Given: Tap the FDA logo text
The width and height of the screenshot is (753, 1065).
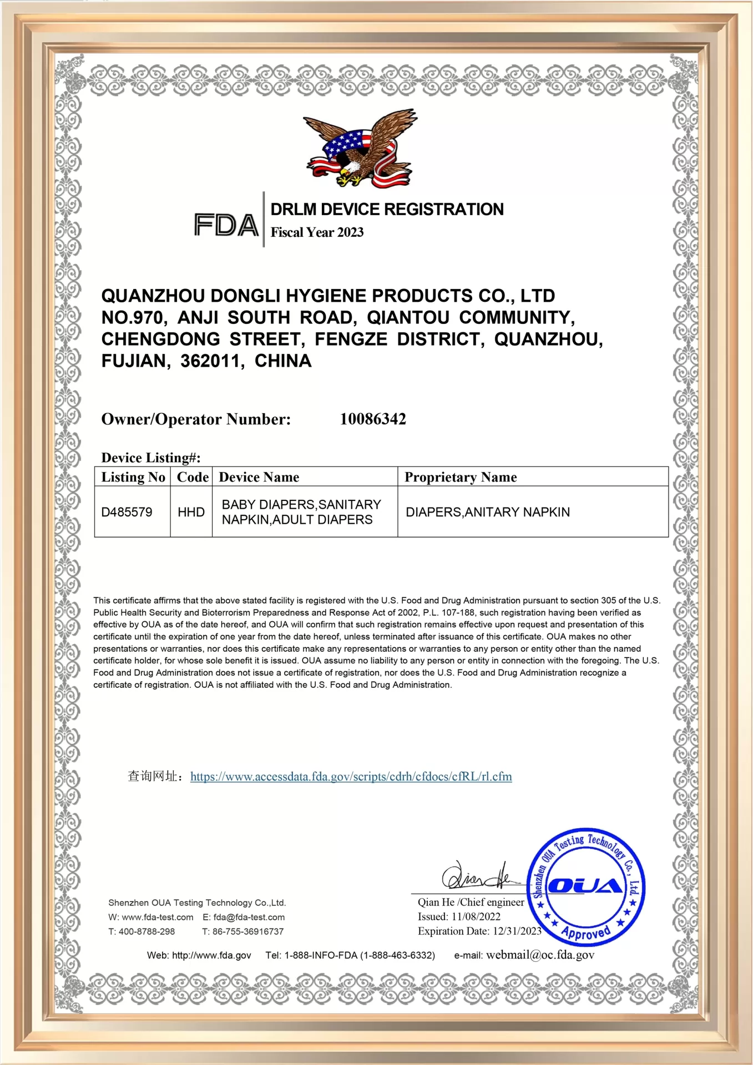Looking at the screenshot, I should (226, 225).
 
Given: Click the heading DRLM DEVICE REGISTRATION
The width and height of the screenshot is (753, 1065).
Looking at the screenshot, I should (387, 210).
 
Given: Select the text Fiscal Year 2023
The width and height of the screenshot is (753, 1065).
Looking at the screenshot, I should (317, 232).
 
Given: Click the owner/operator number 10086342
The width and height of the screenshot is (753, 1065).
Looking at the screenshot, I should (373, 419).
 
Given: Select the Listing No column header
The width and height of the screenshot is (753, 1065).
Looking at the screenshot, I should (133, 477).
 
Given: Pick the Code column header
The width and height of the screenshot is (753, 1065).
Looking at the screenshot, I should (192, 477).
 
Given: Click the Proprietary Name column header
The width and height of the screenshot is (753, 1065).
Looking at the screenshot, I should (461, 477).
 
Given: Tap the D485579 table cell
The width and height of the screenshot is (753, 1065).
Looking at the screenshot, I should (127, 512).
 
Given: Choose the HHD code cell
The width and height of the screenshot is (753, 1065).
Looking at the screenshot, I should (191, 512).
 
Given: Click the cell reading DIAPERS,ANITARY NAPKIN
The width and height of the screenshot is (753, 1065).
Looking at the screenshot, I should (488, 512).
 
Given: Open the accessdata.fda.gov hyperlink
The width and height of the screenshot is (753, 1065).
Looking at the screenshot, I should (351, 777).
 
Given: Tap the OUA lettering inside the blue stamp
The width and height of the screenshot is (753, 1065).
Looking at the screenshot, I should (585, 886).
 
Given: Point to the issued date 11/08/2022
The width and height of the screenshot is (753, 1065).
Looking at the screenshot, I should (476, 917).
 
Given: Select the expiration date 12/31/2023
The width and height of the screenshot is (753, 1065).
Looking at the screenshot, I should (517, 931).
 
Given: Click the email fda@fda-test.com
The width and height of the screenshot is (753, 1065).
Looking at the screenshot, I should (249, 917).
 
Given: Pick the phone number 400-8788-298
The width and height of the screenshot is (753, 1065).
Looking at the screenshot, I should (146, 932).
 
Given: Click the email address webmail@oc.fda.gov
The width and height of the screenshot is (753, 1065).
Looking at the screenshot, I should (540, 955).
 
